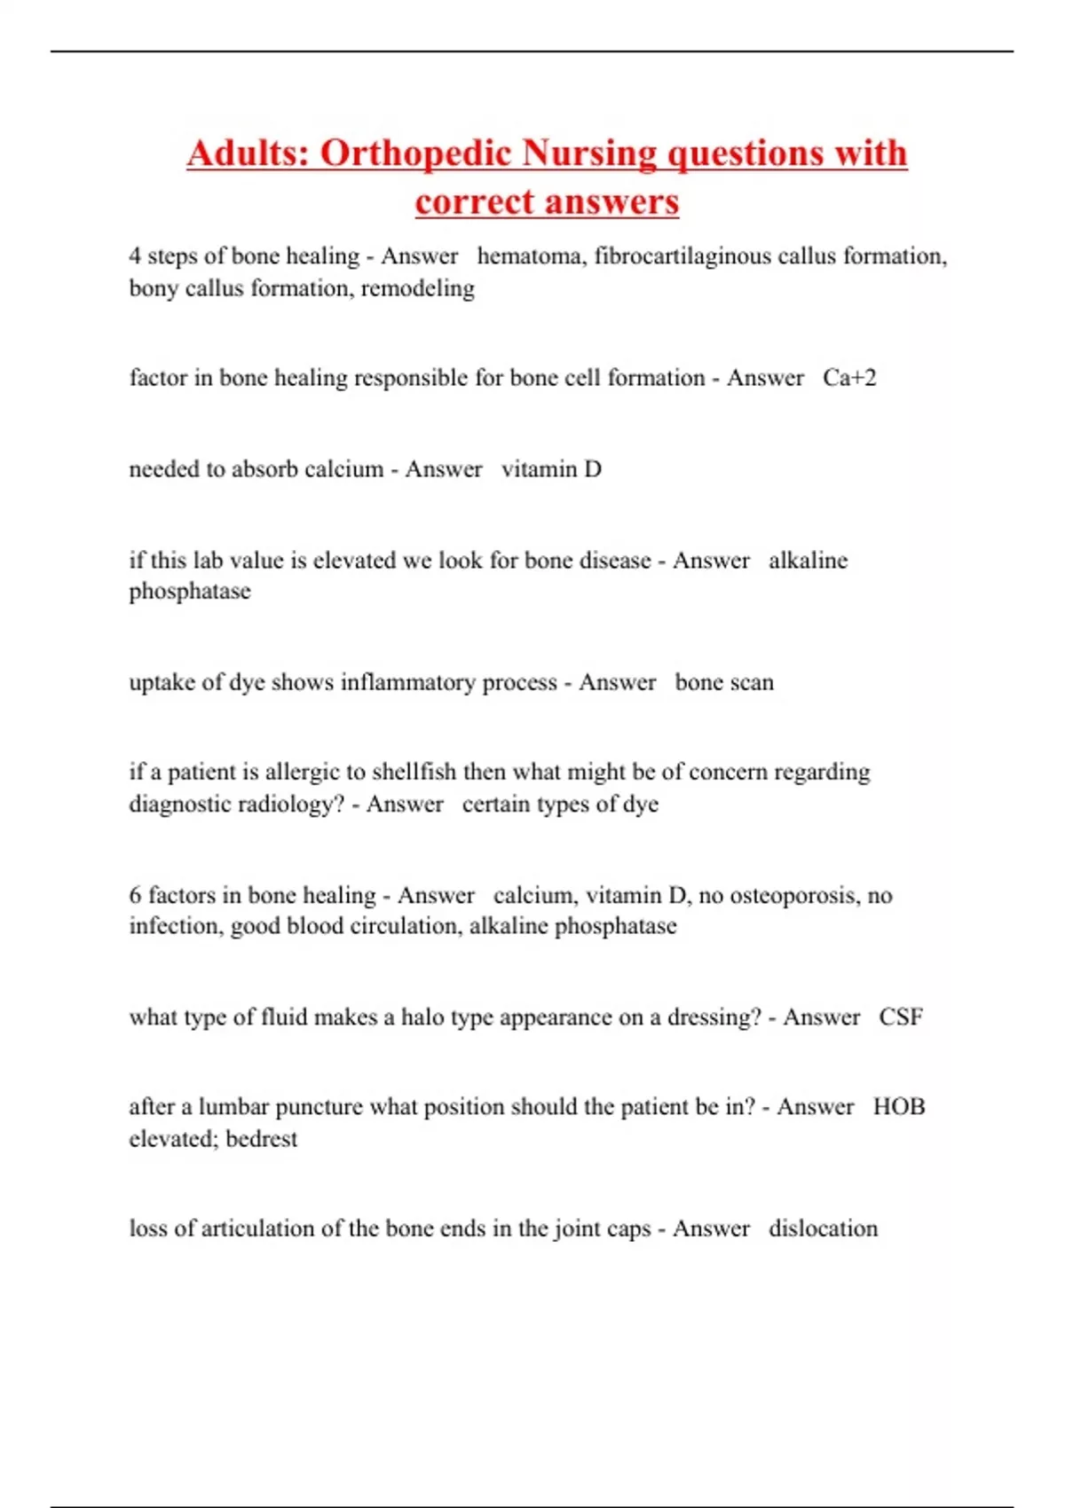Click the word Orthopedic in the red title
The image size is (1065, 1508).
click(x=415, y=153)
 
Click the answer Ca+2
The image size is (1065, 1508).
click(x=849, y=378)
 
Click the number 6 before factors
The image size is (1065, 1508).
click(x=135, y=895)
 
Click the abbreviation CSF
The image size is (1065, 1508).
click(x=900, y=1017)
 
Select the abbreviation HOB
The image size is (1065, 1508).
click(x=898, y=1107)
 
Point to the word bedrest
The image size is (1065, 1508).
click(x=262, y=1139)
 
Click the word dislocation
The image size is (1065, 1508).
click(x=823, y=1229)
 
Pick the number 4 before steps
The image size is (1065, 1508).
click(x=135, y=256)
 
